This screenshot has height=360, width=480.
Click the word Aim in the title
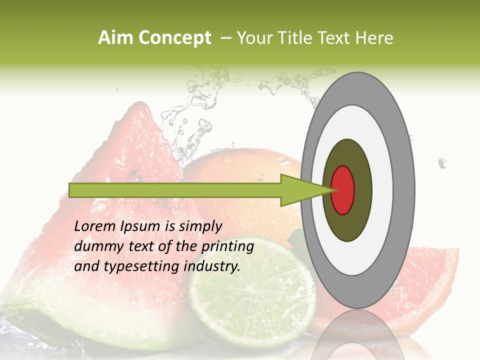click(x=115, y=38)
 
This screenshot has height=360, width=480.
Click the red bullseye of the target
click(x=343, y=190)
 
